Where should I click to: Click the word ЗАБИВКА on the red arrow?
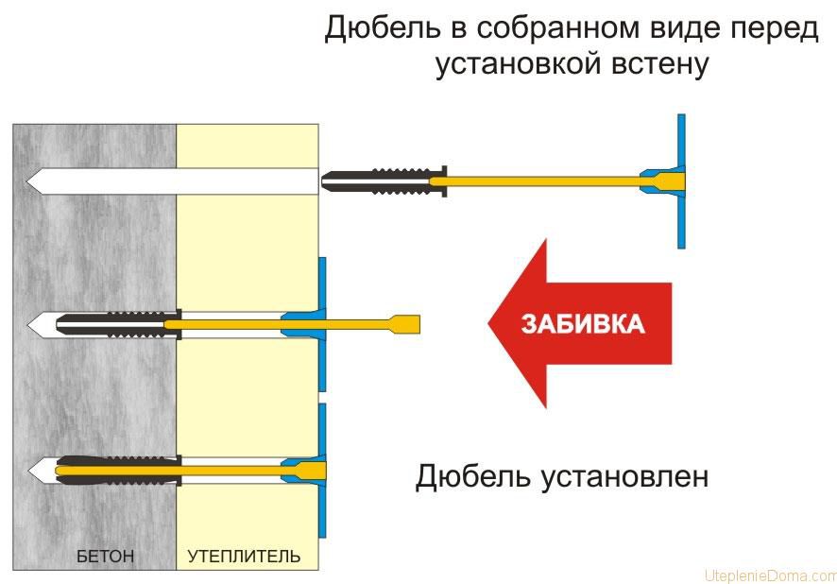[583, 324]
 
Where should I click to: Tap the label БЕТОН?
[105, 557]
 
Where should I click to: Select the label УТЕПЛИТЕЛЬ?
[244, 557]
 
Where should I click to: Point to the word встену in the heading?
[660, 66]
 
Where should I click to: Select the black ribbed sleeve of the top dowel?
[378, 180]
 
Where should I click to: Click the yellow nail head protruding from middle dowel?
[405, 324]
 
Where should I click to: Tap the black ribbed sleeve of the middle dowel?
[113, 324]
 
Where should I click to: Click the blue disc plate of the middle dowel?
[323, 324]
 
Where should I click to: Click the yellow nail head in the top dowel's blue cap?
[665, 180]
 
